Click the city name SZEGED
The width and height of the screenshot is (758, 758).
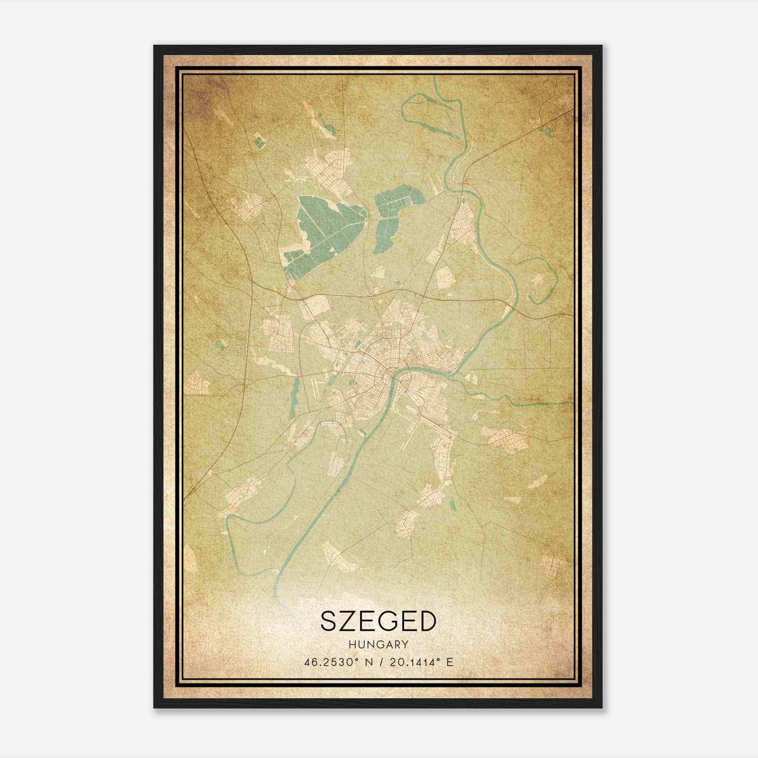pos(378,621)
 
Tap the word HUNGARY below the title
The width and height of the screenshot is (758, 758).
pos(378,644)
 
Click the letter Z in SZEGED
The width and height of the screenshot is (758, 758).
pos(350,621)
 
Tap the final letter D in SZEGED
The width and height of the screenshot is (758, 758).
pos(425,621)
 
